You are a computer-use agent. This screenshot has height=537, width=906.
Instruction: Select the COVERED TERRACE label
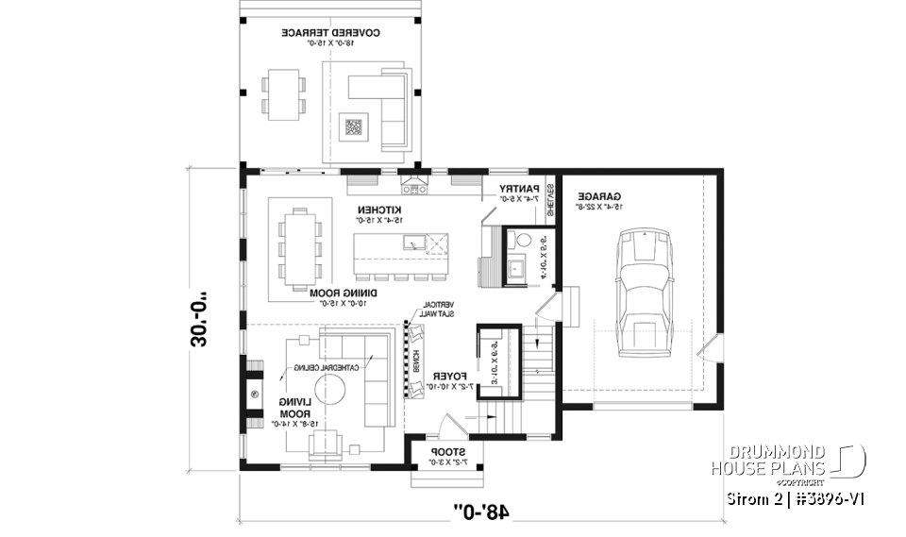[x=331, y=34]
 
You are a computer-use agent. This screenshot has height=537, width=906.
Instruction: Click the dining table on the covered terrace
[x=285, y=94]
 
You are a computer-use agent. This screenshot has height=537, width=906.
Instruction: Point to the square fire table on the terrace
[x=354, y=126]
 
